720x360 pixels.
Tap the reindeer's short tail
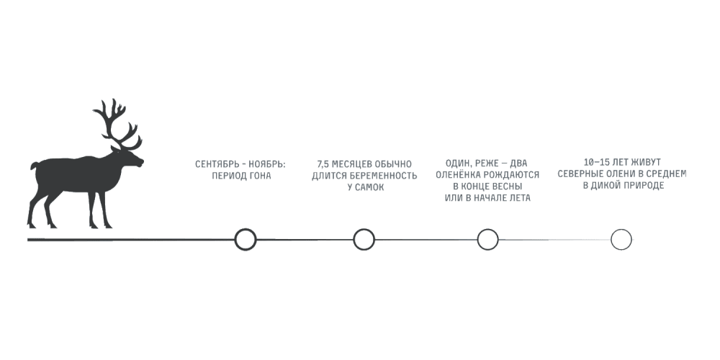tap(34, 166)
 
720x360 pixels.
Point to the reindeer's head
tap(130, 159)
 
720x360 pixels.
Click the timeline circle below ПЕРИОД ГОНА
tap(246, 239)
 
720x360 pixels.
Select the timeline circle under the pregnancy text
tap(364, 239)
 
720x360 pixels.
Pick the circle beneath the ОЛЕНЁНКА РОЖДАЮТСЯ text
tap(487, 239)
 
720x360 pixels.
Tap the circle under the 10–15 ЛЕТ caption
tap(621, 239)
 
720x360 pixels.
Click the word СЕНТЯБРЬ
tap(215, 164)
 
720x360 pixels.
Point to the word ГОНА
tap(259, 176)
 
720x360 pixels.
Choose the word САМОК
tap(369, 187)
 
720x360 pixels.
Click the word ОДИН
tap(458, 163)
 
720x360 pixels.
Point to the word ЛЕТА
tap(518, 198)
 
